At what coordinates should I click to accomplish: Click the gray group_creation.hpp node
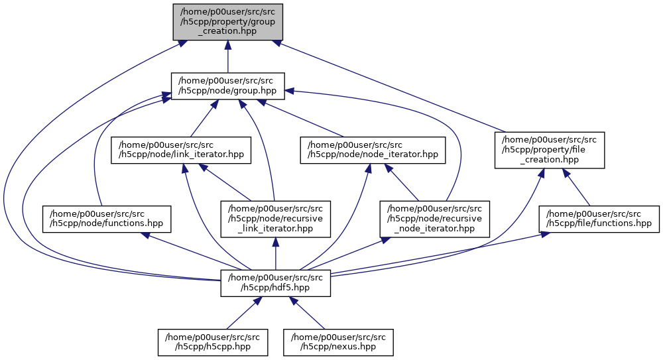(227, 21)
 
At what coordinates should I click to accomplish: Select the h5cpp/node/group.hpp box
(227, 86)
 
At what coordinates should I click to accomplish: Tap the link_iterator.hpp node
(181, 150)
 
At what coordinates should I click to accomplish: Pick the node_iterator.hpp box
(372, 150)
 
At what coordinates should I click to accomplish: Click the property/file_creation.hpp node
(550, 149)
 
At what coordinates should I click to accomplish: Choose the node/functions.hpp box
(107, 219)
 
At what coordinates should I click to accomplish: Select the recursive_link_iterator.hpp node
(276, 219)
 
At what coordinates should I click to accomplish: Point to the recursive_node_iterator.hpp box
(435, 219)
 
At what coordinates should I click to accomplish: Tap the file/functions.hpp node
(600, 219)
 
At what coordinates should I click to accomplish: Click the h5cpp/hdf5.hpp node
(276, 284)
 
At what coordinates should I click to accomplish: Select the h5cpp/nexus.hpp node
(338, 341)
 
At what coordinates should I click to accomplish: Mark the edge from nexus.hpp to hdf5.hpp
(308, 314)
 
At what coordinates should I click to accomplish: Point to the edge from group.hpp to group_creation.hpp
(227, 57)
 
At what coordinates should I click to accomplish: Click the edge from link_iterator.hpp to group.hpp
(201, 120)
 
